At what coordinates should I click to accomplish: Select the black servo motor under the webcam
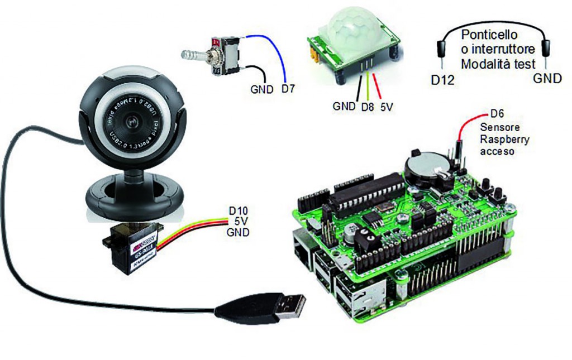(131, 246)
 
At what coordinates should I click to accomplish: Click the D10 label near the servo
(239, 212)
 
